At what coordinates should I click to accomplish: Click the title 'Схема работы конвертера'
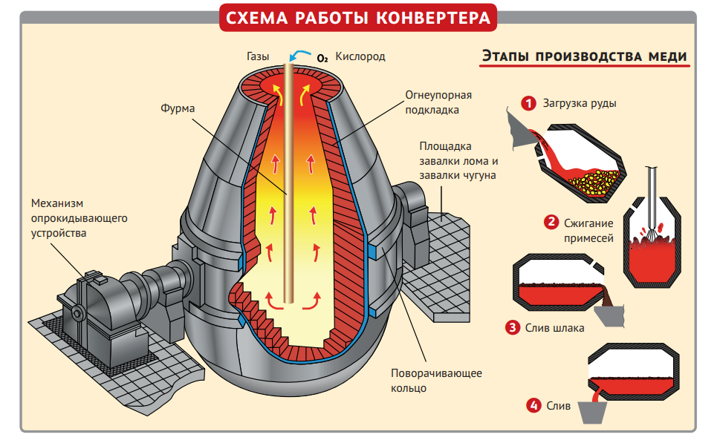(x=359, y=19)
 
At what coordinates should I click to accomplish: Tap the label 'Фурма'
(x=178, y=108)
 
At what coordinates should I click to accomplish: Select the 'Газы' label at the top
(x=258, y=56)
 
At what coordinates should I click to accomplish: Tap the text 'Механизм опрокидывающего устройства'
(x=79, y=218)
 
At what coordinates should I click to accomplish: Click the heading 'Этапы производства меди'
(x=583, y=56)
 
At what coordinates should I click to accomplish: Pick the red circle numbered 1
(x=528, y=103)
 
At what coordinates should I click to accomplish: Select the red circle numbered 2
(x=551, y=222)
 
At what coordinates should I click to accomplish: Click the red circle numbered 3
(x=511, y=327)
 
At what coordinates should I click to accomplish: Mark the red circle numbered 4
(x=533, y=405)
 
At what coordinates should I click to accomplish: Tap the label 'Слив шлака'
(x=554, y=327)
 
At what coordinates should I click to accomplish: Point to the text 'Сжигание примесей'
(x=588, y=230)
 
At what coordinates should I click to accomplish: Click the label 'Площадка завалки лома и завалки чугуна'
(x=457, y=160)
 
